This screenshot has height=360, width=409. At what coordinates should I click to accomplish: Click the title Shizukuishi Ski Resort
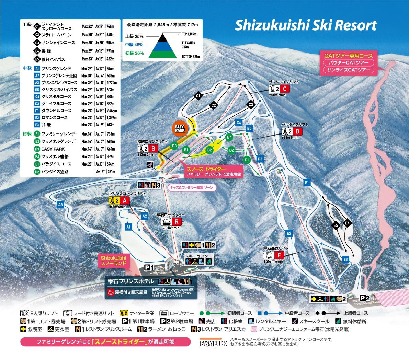tap(306, 25)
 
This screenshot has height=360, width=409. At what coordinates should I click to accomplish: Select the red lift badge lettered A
tap(125, 201)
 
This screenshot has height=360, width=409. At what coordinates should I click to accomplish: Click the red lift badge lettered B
tap(154, 148)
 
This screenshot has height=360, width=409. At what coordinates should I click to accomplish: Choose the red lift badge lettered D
tap(298, 131)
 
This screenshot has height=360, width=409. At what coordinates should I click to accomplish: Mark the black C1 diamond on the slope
tap(198, 97)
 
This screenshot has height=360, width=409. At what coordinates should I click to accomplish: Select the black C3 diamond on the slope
tap(251, 104)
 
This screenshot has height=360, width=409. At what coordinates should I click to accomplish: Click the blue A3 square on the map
tap(61, 205)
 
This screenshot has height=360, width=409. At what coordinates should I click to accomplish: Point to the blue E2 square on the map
tap(289, 233)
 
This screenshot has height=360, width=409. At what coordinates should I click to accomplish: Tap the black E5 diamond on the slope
tap(336, 225)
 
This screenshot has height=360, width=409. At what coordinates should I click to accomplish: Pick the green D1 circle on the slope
tap(246, 160)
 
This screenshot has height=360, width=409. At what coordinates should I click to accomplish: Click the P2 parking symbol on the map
tap(365, 298)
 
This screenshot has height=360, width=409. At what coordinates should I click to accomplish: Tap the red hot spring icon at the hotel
tap(110, 292)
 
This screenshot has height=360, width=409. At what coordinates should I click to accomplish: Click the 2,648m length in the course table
tap(112, 111)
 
